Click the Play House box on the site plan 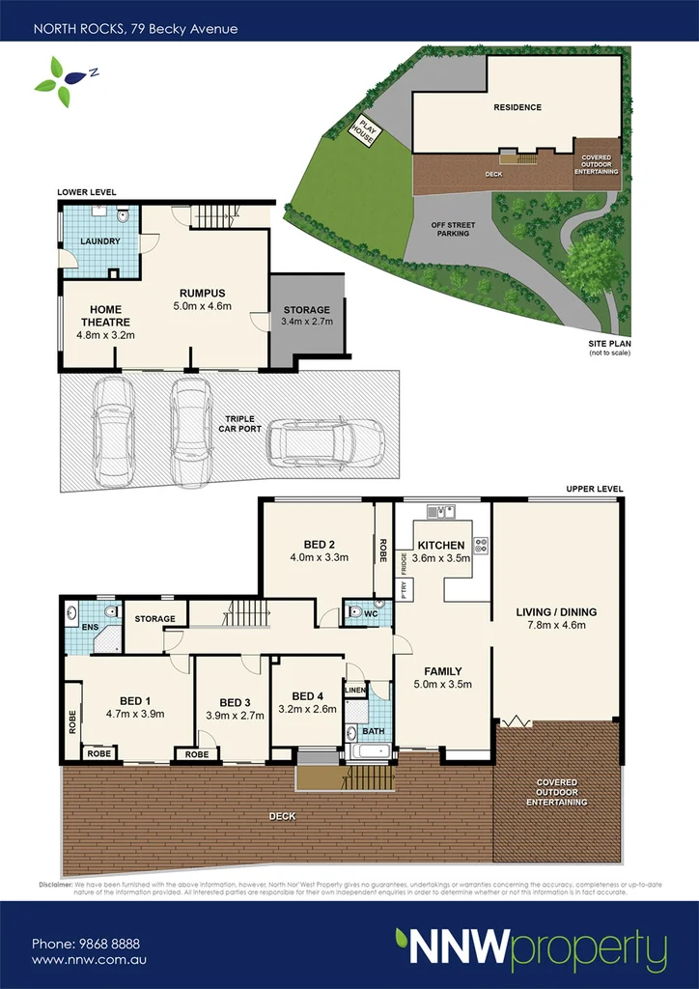point(366,130)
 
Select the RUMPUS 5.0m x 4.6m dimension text point(203,306)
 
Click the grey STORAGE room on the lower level point(307,316)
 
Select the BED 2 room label point(319,544)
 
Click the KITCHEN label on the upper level point(440,546)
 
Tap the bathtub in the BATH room point(367,750)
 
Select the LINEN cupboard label point(355,690)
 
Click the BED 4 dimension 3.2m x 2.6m point(308,709)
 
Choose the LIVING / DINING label point(556,611)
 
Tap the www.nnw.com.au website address point(89,960)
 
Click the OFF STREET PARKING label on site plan point(451,228)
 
